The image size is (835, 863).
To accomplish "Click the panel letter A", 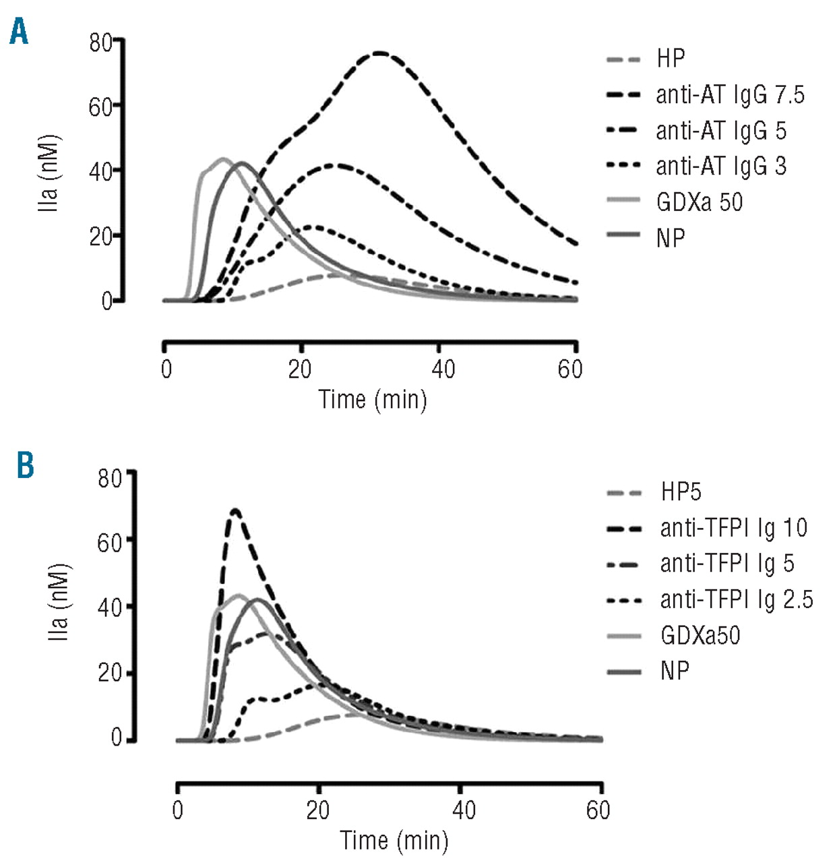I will (x=19, y=32).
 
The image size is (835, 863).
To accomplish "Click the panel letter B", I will (x=25, y=465).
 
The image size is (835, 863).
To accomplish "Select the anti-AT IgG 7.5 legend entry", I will (x=730, y=95).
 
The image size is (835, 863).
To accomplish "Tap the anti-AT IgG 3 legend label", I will (x=721, y=167).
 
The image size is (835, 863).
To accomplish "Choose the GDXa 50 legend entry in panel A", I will (x=699, y=202).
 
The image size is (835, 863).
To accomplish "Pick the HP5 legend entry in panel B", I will (x=681, y=492).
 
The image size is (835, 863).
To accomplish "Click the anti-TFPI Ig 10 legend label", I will (x=733, y=528).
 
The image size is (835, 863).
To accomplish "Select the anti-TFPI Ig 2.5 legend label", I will (x=736, y=599).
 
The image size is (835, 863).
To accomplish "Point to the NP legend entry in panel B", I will (x=675, y=671).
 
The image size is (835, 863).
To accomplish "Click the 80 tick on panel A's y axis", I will (x=100, y=43).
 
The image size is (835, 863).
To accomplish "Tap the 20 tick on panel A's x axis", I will (x=301, y=369).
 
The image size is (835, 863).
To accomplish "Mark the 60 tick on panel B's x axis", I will (x=598, y=810).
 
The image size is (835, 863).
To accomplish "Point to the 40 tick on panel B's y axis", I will (x=110, y=607).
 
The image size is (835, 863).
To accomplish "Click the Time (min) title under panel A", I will (x=373, y=399).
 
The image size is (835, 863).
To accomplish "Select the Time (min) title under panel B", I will (x=394, y=840).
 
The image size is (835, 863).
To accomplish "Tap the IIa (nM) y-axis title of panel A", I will (x=49, y=173).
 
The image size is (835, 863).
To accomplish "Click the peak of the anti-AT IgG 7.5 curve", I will (x=379, y=53).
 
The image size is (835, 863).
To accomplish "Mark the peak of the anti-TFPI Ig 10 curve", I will (x=235, y=510).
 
